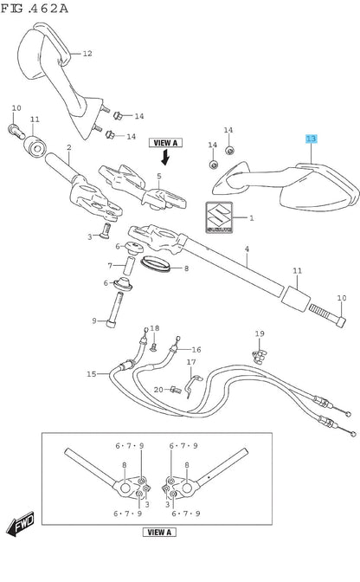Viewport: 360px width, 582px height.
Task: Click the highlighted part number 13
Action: point(311,139)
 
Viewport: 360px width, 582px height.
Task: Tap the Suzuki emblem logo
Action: point(220,217)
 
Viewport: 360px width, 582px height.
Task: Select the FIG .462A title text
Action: point(35,9)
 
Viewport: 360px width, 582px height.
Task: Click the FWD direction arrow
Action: point(21,522)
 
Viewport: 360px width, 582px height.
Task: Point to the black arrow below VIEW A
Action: point(165,157)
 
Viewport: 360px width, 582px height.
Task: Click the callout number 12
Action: point(87,54)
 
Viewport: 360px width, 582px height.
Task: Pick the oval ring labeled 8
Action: point(156,263)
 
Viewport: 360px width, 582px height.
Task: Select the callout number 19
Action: point(260,333)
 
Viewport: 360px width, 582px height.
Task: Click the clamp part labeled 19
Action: point(260,356)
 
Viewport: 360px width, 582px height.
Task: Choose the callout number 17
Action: point(191,362)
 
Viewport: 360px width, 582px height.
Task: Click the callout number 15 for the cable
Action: point(91,374)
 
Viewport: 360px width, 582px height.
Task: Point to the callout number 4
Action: point(247,249)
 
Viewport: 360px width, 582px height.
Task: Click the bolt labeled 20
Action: point(176,390)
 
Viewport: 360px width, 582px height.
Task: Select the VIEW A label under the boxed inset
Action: point(159,532)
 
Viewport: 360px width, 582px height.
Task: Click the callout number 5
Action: point(159,176)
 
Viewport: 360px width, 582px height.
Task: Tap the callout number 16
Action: point(196,349)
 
